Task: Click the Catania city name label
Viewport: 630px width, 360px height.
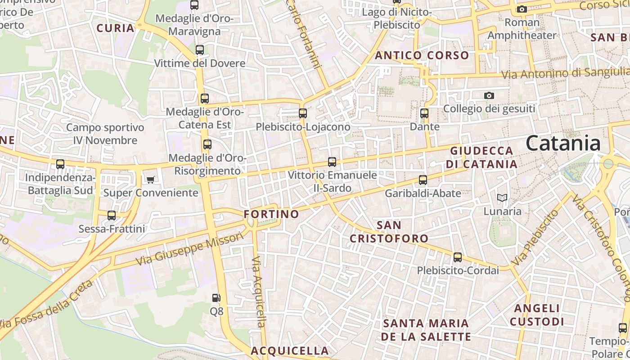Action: (563, 144)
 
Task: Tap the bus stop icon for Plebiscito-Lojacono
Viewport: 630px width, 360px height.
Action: (303, 113)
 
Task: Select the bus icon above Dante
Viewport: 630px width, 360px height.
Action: (424, 113)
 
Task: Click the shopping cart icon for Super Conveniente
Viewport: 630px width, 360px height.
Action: (150, 180)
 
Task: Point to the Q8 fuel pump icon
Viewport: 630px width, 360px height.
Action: (216, 298)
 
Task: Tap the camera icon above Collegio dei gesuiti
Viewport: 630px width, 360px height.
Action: (489, 95)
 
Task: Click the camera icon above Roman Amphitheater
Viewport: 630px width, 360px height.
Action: (522, 9)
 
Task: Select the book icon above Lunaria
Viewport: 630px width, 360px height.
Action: (502, 198)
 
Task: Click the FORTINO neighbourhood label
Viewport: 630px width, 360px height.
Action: (271, 214)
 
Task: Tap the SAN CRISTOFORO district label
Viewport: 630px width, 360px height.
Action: (389, 232)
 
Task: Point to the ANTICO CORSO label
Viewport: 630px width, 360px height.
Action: (422, 55)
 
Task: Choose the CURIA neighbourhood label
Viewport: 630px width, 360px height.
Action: (116, 28)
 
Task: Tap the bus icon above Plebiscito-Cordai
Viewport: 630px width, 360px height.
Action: (458, 257)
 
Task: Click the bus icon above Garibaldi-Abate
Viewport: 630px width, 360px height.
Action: (423, 180)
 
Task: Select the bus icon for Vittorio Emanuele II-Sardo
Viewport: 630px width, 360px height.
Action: (332, 162)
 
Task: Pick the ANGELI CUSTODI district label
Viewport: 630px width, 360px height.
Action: (537, 315)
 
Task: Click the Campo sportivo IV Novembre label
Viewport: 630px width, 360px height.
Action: (105, 134)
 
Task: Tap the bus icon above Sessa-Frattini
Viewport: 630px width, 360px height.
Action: (112, 216)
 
